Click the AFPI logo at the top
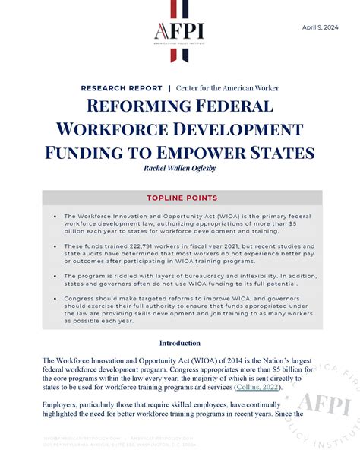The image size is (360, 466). pos(179,30)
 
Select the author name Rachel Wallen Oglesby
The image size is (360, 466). pos(179,166)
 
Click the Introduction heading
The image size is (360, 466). pos(180,343)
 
